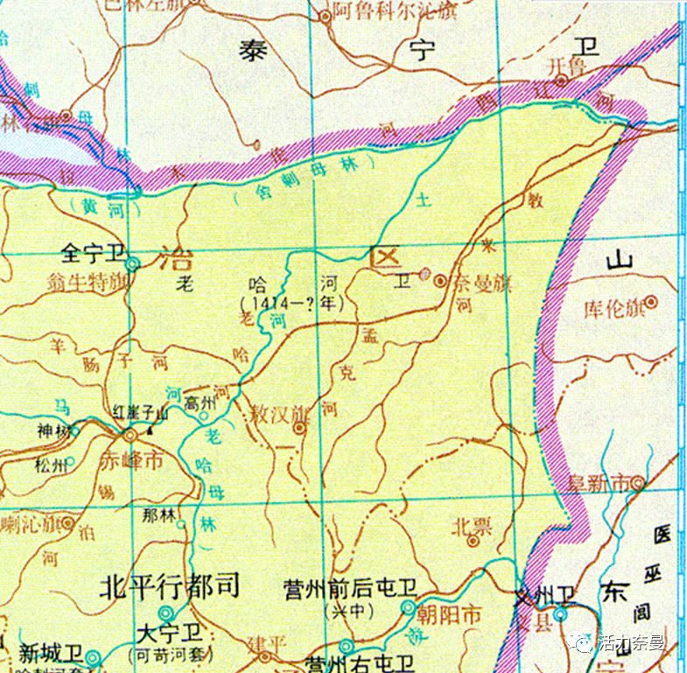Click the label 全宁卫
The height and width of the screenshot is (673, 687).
[x=91, y=254]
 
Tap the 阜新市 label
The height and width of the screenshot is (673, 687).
[x=599, y=482]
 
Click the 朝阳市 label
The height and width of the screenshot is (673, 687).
[x=448, y=615]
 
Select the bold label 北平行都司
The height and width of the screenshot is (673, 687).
[x=171, y=585]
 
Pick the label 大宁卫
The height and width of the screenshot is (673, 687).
[x=174, y=632]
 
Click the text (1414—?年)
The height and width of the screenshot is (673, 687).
[x=292, y=302]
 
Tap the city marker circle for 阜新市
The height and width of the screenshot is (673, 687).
[x=639, y=482]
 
